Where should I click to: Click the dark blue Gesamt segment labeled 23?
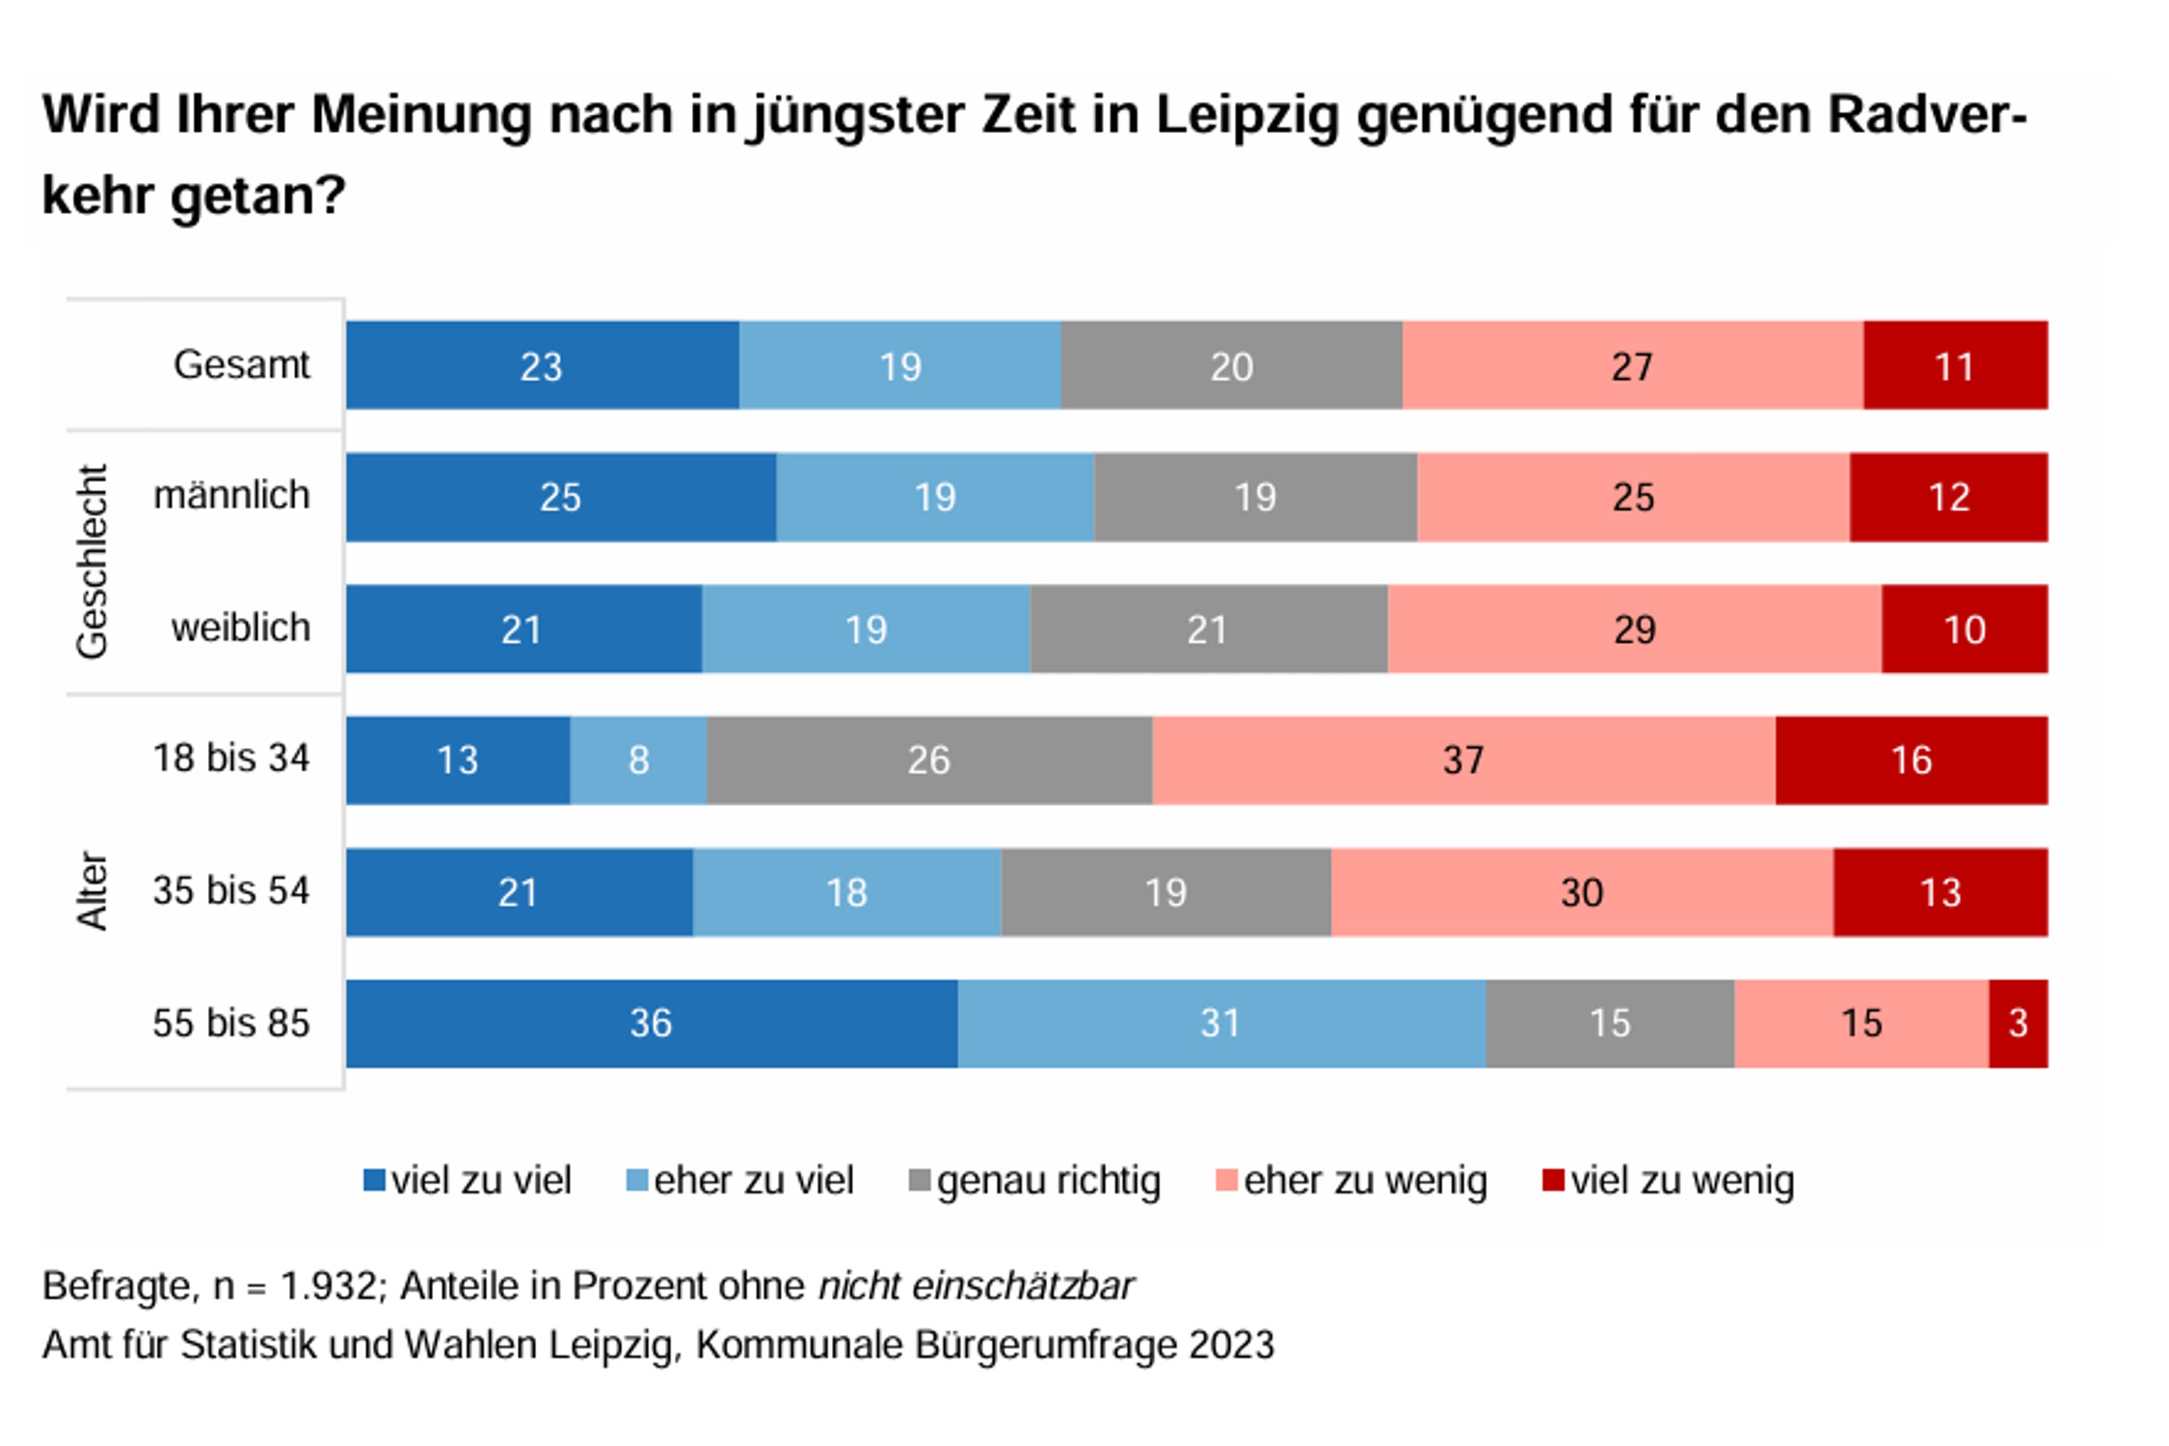[542, 365]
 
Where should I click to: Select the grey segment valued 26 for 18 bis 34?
[928, 760]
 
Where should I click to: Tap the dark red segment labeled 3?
[2017, 1023]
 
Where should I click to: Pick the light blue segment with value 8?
[637, 760]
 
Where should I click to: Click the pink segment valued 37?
[1462, 760]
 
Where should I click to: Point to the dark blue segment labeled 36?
[651, 1023]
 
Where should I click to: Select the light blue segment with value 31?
[1220, 1023]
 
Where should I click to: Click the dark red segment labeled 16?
[1911, 760]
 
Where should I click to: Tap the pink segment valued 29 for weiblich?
[1634, 629]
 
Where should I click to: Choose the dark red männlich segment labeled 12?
[1948, 496]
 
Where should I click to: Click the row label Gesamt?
[241, 364]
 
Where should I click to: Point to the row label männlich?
[231, 495]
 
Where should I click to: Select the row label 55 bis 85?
[231, 1023]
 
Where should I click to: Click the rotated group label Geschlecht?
[93, 562]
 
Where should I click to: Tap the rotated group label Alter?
[93, 891]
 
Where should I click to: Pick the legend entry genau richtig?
[1035, 1180]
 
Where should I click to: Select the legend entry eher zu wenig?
[1352, 1180]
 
